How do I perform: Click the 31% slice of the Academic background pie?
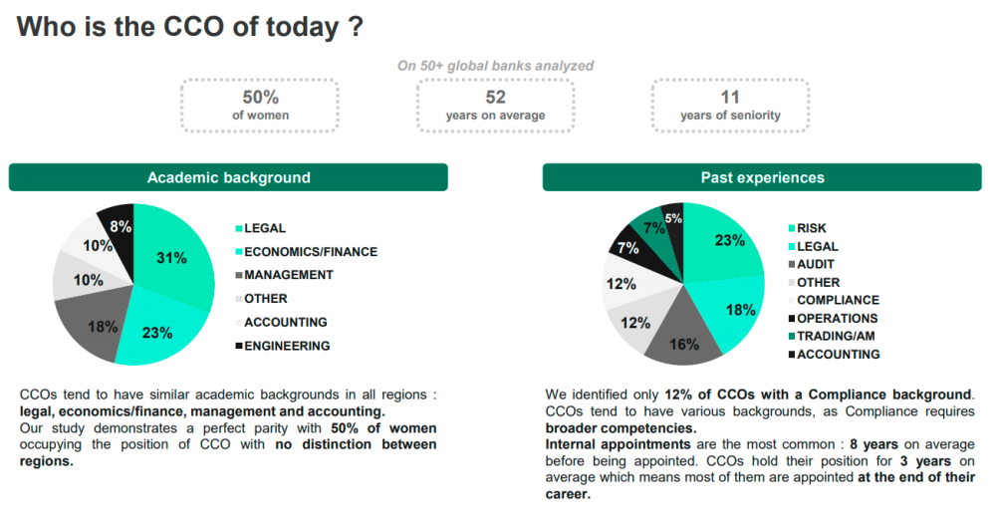click(x=172, y=256)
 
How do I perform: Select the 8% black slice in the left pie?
click(x=119, y=225)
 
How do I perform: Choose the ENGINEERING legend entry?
click(x=283, y=346)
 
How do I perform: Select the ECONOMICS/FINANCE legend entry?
click(x=306, y=252)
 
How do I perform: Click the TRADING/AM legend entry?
click(x=832, y=336)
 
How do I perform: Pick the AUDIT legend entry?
click(x=811, y=264)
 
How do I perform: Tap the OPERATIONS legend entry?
click(x=833, y=319)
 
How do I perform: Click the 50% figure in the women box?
click(x=260, y=98)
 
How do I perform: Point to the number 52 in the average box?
click(x=495, y=98)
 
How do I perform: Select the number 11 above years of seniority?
click(x=730, y=98)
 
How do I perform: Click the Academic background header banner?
click(x=228, y=177)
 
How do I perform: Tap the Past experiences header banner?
click(x=762, y=177)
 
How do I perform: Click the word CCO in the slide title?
click(x=194, y=27)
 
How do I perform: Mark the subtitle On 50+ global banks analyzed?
click(x=495, y=66)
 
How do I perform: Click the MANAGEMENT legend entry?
click(x=284, y=275)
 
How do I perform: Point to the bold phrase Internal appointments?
click(x=619, y=444)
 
